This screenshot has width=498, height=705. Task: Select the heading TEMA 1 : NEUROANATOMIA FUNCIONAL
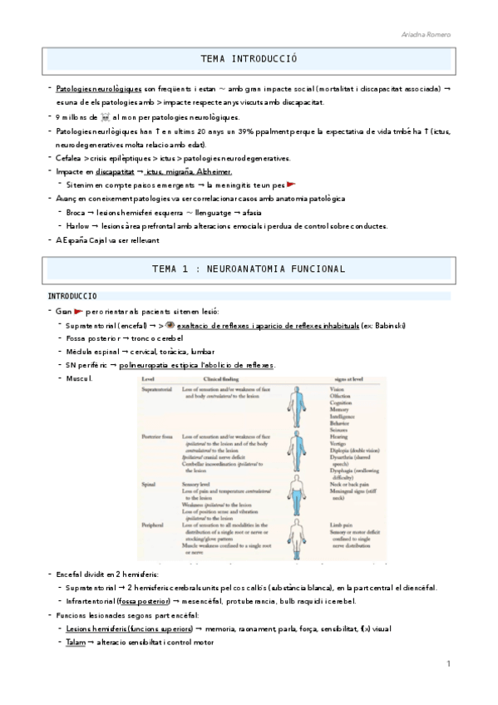249,269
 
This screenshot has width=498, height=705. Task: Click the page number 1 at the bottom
448,663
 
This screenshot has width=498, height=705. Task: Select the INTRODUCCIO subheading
72,296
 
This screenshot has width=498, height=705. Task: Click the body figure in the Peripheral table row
292,539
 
